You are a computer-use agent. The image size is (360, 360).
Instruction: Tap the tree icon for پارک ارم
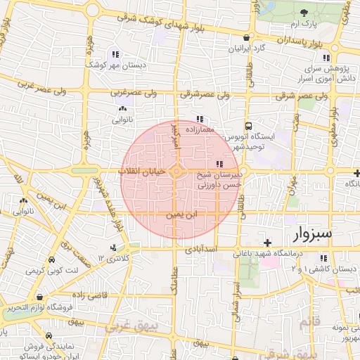coord(303,13)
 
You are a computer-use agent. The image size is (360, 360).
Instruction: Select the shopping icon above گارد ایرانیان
coord(246,38)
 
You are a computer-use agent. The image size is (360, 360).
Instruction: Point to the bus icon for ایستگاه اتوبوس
coord(247,127)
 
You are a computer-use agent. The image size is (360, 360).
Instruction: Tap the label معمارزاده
coord(200,130)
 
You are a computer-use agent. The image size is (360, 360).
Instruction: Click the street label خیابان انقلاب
coord(143,171)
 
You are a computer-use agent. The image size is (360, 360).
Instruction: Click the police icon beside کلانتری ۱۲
coord(113,247)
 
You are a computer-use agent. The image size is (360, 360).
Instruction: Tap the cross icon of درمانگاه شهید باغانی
coord(266,243)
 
